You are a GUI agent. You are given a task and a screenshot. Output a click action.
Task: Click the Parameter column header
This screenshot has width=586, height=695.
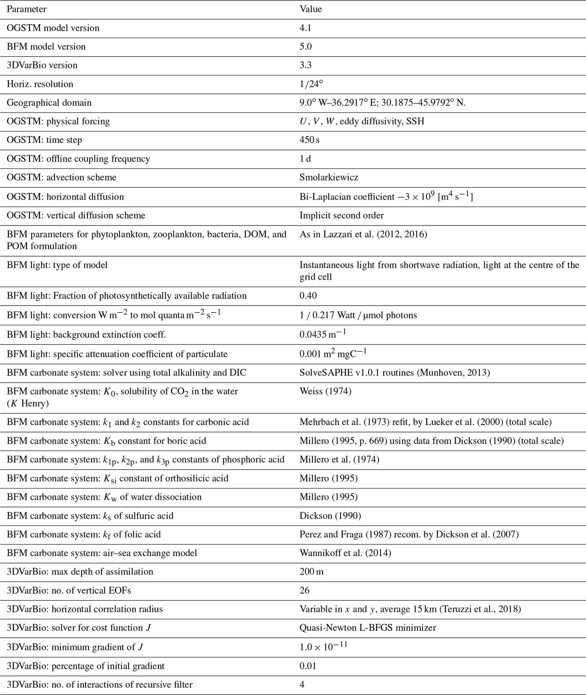[x=27, y=9]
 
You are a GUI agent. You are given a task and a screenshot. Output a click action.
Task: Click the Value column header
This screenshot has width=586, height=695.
[x=311, y=9]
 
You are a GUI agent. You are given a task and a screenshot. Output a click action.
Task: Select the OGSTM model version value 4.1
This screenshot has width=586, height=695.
[x=305, y=28]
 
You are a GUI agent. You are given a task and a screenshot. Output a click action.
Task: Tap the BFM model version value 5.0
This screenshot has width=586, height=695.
[x=306, y=47]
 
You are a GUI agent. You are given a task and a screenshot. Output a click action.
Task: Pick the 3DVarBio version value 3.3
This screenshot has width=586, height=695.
[x=306, y=65]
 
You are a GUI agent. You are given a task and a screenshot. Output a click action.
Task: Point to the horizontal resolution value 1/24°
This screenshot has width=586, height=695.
[x=311, y=84]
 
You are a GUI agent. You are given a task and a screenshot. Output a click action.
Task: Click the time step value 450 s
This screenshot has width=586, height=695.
[x=310, y=140]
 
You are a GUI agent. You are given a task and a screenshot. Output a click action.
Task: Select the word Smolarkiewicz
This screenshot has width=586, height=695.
[x=329, y=177]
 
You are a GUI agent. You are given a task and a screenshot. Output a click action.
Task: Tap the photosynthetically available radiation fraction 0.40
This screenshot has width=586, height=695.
[x=308, y=296]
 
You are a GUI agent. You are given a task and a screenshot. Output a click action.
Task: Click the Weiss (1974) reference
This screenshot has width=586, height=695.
[x=325, y=391]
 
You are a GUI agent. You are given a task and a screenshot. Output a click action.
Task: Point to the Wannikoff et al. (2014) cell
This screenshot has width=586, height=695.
[x=345, y=553]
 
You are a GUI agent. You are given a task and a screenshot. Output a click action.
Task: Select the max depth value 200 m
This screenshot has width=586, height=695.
[x=312, y=572]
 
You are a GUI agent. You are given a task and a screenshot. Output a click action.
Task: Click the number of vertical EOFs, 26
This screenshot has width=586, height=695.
[x=304, y=590]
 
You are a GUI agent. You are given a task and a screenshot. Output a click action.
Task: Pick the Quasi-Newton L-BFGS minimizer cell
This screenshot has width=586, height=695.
[x=368, y=628]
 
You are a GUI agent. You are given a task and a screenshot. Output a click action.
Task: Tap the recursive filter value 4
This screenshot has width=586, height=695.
[x=302, y=684]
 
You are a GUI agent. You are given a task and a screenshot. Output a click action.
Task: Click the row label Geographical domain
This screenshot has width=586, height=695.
[x=49, y=103]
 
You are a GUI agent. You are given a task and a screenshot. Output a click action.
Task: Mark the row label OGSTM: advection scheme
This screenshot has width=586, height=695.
[x=62, y=177]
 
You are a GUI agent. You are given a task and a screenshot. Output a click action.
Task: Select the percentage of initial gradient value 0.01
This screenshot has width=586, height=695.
[x=308, y=666]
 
